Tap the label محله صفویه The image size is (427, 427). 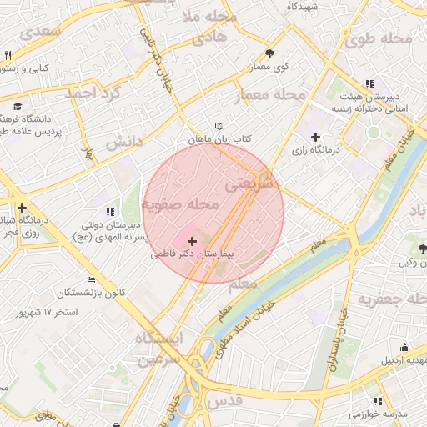click(x=180, y=204)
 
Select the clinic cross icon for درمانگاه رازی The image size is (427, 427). click(x=315, y=138)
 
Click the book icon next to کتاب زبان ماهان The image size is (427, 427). click(x=219, y=127)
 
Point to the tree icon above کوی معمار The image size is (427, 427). click(x=269, y=53)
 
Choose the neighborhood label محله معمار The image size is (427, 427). click(x=279, y=94)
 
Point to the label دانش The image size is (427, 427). click(x=124, y=143)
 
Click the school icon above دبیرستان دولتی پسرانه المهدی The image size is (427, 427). click(x=110, y=213)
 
